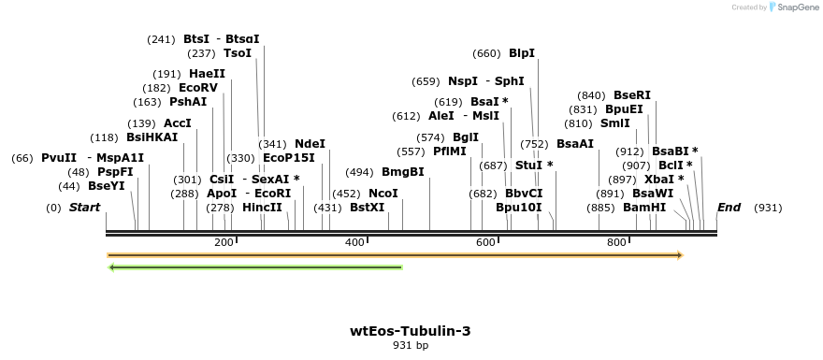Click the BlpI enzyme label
[522, 53]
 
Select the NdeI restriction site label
[310, 144]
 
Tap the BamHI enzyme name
[644, 208]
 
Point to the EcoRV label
[198, 88]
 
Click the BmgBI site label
[403, 172]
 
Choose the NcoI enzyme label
[383, 194]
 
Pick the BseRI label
[632, 95]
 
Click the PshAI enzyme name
[188, 102]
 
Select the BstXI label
[367, 208]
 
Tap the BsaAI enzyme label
[575, 144]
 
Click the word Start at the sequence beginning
[84, 208]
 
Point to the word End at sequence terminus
[729, 208]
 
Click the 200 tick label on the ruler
[224, 243]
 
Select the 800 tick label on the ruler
[616, 243]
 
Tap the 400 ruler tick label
[354, 243]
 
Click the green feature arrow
[255, 267]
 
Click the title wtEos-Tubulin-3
[411, 331]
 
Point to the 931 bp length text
[411, 346]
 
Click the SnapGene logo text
[795, 7]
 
